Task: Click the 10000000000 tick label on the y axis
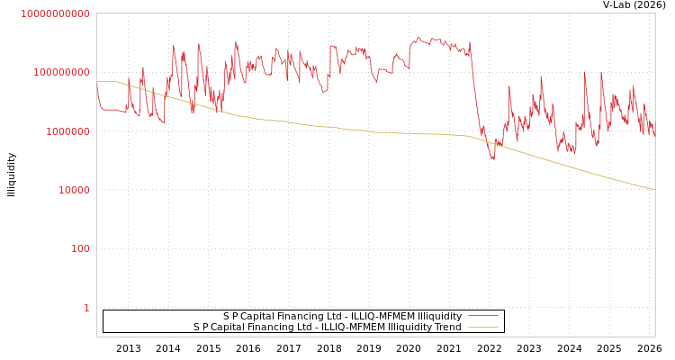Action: tap(55, 13)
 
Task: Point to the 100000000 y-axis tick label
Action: tap(59, 72)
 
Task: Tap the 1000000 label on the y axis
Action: tap(65, 131)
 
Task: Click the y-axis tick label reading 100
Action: tap(80, 249)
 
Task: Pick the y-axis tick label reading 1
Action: tap(86, 308)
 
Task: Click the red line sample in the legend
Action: tap(483, 317)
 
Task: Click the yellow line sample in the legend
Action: tap(483, 328)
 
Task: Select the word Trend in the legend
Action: tap(447, 328)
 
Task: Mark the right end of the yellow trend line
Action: tap(655, 190)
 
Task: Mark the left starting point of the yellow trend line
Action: tap(97, 82)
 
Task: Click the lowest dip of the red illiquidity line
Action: tap(492, 159)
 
